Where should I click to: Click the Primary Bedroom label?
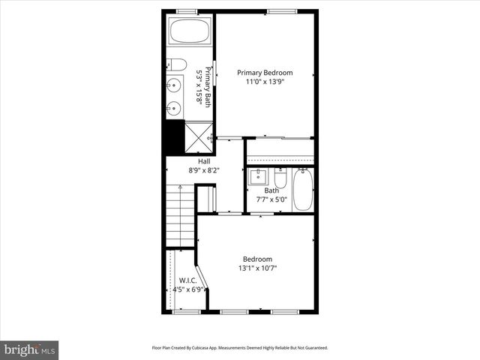click(265, 73)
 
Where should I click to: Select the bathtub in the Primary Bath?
click(190, 33)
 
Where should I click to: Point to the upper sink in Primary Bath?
click(174, 85)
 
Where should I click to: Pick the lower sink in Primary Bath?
click(174, 108)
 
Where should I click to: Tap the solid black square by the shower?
click(174, 138)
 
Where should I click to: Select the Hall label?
click(204, 161)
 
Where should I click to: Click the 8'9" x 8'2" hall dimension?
click(204, 170)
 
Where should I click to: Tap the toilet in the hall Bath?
click(280, 178)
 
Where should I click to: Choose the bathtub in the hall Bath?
click(303, 190)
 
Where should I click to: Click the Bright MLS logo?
click(30, 349)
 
